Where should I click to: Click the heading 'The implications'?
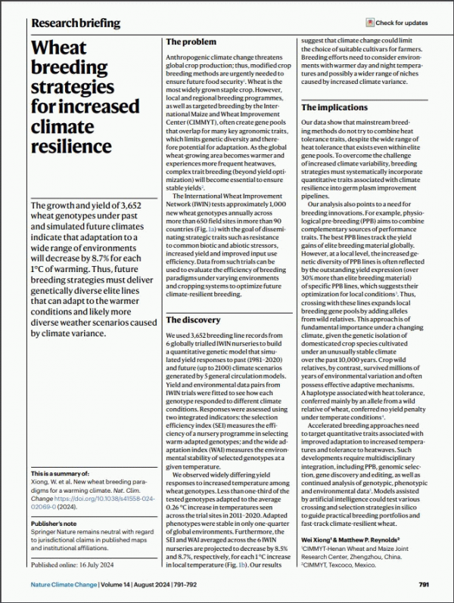(336, 108)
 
